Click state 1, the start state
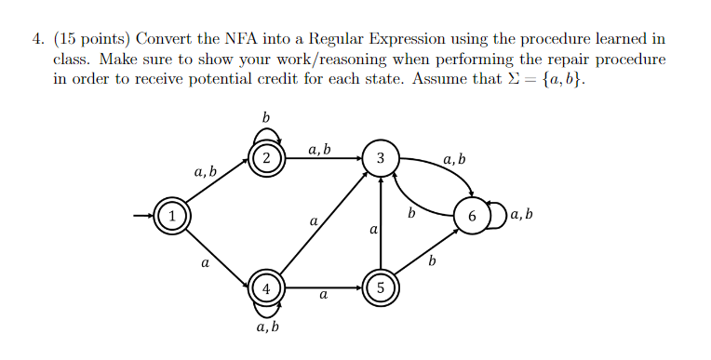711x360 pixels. coord(171,217)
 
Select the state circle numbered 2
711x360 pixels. coord(267,157)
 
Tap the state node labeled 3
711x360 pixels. coord(380,157)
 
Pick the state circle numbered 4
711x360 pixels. coord(267,288)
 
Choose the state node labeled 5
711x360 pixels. coord(380,288)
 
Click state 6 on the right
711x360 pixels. coord(472,217)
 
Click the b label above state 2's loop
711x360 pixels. coord(266,117)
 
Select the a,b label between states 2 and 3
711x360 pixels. coord(319,148)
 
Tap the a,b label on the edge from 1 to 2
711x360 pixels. coord(206,172)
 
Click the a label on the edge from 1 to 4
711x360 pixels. coord(205,263)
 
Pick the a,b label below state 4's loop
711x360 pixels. coord(267,328)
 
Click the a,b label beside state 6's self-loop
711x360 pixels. coord(522,216)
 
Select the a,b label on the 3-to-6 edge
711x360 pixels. coord(455,161)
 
